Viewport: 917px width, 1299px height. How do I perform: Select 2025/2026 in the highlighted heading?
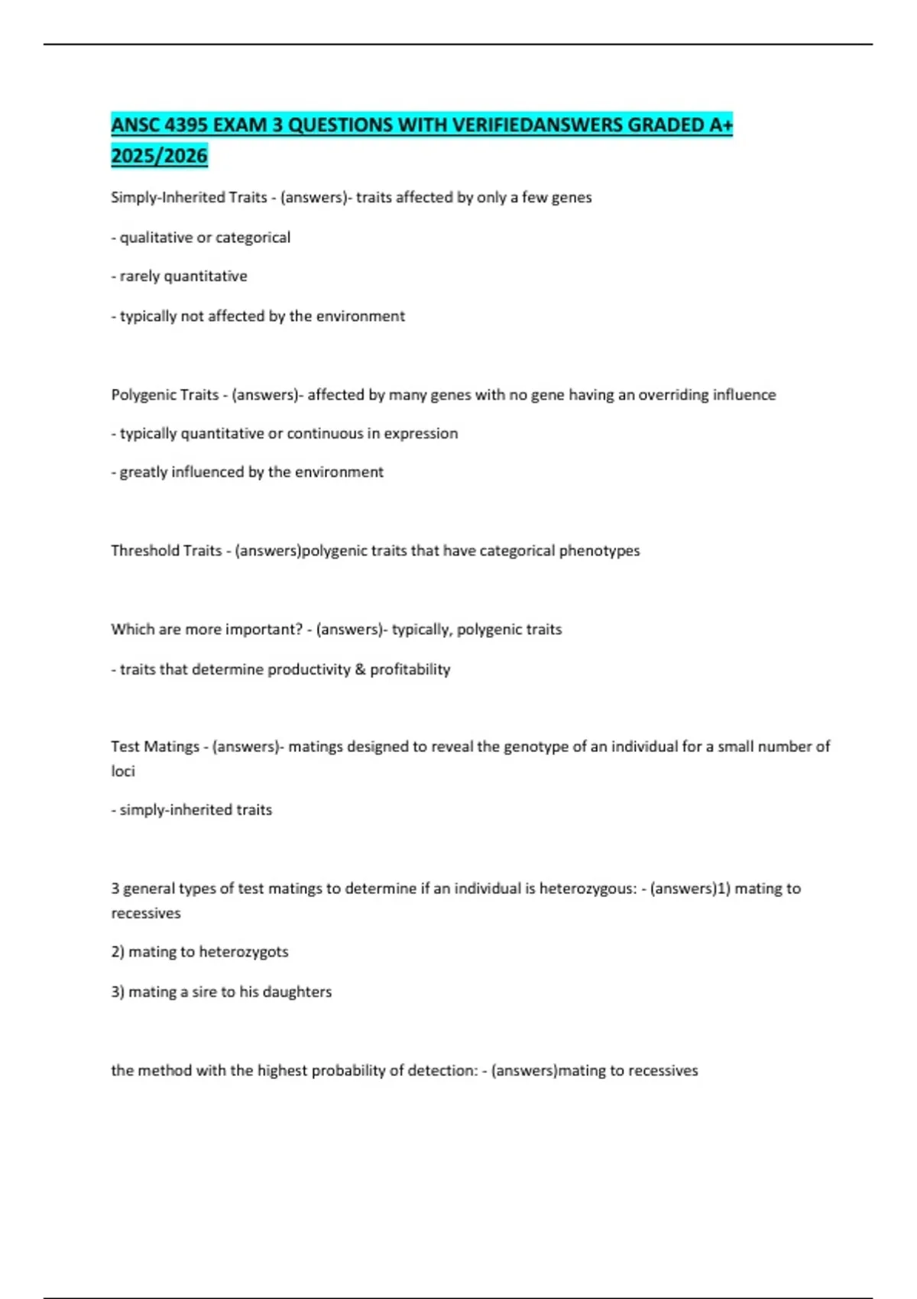click(159, 156)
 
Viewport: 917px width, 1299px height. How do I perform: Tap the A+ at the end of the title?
click(721, 125)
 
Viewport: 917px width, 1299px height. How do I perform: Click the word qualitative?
click(156, 238)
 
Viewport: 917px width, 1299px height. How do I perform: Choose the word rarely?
click(140, 276)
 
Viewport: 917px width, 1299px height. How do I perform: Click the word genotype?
click(535, 747)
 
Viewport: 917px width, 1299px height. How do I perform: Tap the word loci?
click(122, 771)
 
